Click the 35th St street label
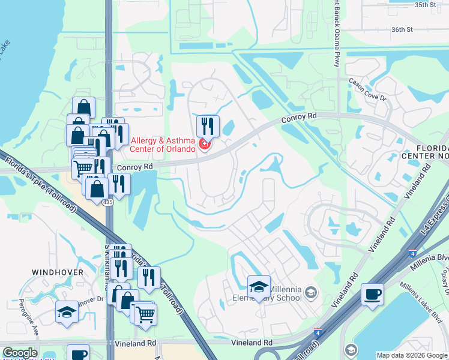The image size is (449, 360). [x=424, y=5]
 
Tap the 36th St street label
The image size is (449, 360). [x=402, y=29]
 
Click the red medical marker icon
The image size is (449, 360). [x=204, y=145]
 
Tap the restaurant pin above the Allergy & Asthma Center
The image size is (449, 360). [x=208, y=127]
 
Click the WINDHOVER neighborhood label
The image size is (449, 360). [x=58, y=272]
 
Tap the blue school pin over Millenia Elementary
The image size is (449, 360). [x=259, y=287]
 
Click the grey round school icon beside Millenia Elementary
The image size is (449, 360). [x=310, y=293]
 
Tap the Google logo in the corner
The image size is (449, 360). [x=20, y=353]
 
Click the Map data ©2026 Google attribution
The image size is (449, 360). [x=412, y=355]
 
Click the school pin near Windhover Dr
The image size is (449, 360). [x=67, y=312]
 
